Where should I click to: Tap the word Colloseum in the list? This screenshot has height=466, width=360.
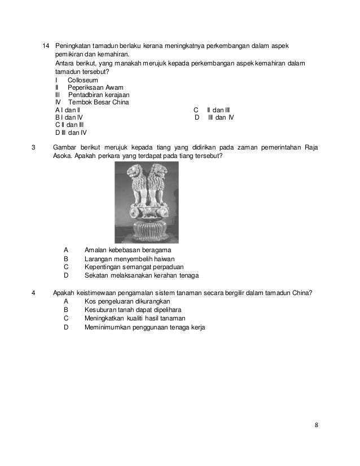tap(82, 81)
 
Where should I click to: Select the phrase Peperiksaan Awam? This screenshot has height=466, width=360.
tap(91, 88)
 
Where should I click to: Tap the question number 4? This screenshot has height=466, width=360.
tap(34, 293)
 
